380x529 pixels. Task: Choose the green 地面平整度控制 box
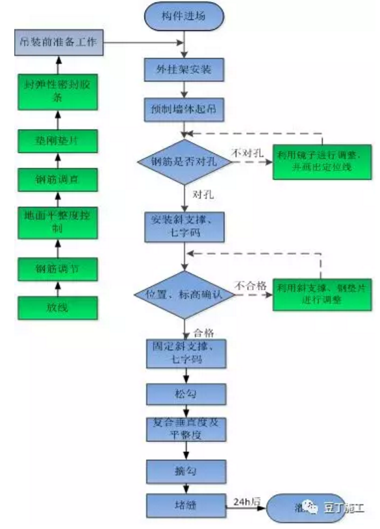point(58,219)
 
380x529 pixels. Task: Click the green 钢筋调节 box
point(58,267)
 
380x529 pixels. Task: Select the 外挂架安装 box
point(184,68)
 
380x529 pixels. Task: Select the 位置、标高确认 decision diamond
point(184,295)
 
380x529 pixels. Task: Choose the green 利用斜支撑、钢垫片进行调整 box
point(322,294)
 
